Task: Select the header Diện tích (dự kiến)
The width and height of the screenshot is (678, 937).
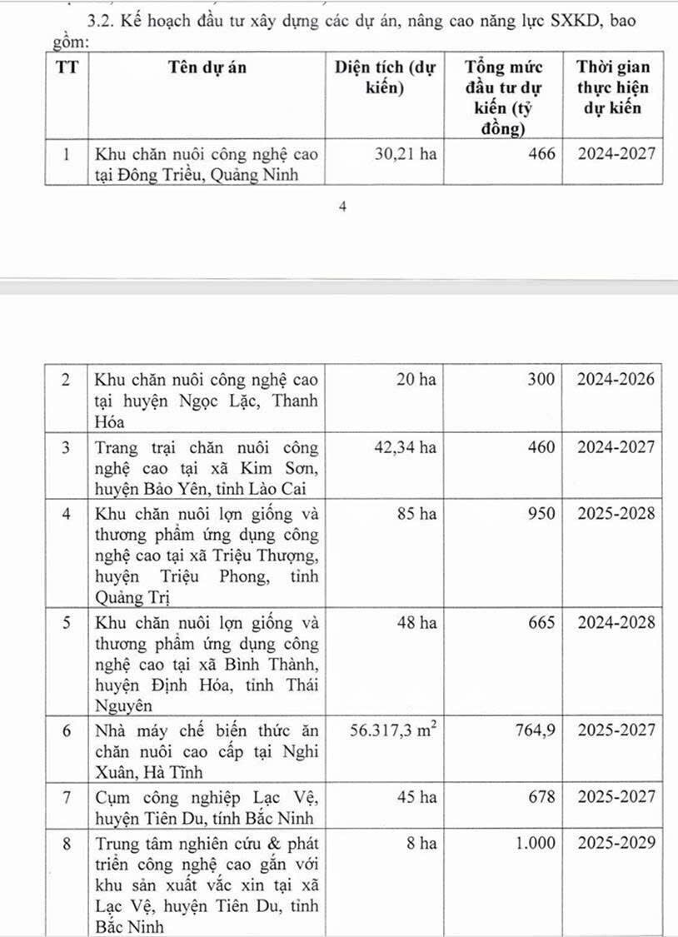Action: tap(385, 78)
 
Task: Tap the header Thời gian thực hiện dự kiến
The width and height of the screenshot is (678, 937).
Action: tap(613, 87)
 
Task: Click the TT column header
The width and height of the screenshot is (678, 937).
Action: tap(66, 68)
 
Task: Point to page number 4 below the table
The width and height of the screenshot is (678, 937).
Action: tap(342, 208)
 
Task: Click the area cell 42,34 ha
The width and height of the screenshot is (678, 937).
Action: tap(404, 448)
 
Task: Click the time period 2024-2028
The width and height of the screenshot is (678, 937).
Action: tap(617, 623)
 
